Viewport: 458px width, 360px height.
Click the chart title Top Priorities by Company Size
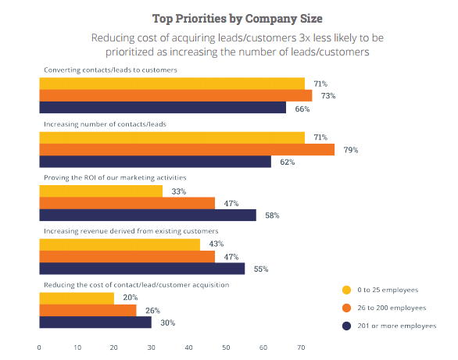click(x=237, y=19)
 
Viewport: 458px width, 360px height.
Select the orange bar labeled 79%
click(x=187, y=150)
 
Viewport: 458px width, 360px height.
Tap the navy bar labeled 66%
click(x=163, y=107)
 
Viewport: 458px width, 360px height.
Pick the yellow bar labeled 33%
click(x=101, y=191)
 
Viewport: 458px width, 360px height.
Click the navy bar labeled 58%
click(x=148, y=215)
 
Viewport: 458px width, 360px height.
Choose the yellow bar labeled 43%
click(x=120, y=244)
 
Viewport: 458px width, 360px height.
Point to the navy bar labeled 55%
click(x=142, y=269)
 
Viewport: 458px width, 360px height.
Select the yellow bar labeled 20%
click(x=77, y=298)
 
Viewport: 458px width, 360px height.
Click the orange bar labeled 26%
click(x=88, y=310)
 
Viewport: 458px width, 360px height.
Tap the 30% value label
click(x=168, y=323)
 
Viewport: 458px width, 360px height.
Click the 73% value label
click(x=328, y=96)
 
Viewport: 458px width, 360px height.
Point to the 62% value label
click(x=287, y=162)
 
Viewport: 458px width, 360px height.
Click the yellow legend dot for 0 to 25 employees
click(x=346, y=290)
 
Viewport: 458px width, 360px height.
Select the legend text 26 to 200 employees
click(x=392, y=308)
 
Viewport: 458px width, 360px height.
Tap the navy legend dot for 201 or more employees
click(x=346, y=326)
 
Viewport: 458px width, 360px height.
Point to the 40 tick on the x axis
click(x=188, y=348)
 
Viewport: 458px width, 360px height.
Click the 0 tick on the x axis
click(x=39, y=348)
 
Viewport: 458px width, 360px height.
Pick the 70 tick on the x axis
click(x=301, y=348)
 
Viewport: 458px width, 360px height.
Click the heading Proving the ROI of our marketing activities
click(x=115, y=178)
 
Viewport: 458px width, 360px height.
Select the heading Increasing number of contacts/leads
click(x=105, y=124)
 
